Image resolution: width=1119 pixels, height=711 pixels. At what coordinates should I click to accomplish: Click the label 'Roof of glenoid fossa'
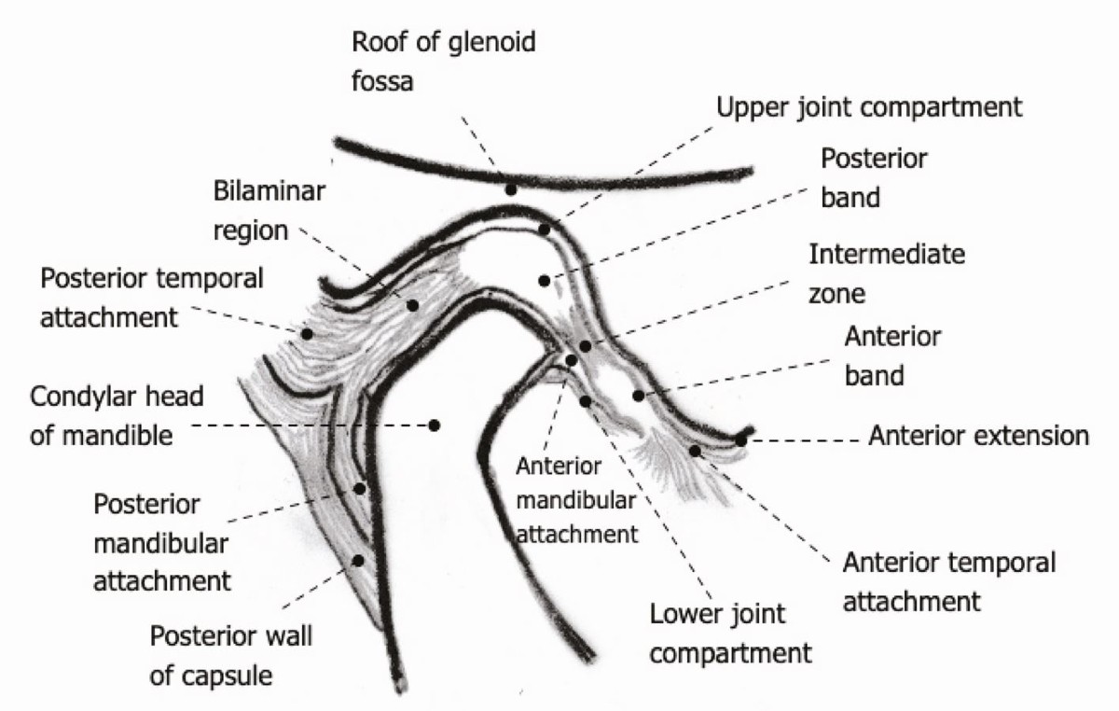(443, 62)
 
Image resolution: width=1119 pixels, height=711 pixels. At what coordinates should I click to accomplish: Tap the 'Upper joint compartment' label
(869, 106)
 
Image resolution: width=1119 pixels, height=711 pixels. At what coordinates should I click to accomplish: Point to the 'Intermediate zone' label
(887, 273)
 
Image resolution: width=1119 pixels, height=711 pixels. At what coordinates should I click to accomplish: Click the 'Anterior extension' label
(978, 436)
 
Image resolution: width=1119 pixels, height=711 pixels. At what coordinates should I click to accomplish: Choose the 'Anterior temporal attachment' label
(948, 581)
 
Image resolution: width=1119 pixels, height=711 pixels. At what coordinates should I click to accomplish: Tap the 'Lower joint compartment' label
(730, 633)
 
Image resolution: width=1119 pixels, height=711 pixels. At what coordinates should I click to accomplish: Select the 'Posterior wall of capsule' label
(230, 656)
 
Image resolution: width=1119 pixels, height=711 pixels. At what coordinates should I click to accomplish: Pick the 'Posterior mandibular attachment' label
(160, 542)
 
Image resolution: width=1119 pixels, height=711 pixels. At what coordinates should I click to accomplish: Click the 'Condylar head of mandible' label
(117, 415)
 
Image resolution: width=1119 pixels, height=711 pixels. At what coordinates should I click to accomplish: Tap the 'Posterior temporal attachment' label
(152, 296)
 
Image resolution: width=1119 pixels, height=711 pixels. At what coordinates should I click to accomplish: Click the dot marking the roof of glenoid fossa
(510, 189)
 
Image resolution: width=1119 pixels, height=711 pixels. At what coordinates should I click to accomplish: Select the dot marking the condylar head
(435, 425)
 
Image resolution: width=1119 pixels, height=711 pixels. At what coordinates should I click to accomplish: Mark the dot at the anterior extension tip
(740, 439)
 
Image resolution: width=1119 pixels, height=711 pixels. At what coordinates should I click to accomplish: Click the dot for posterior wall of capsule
(358, 560)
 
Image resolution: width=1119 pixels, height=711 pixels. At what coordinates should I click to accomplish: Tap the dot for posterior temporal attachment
(306, 333)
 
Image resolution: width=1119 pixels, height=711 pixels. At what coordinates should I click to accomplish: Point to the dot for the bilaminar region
(412, 305)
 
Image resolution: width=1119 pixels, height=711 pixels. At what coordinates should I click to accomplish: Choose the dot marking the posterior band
(546, 280)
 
